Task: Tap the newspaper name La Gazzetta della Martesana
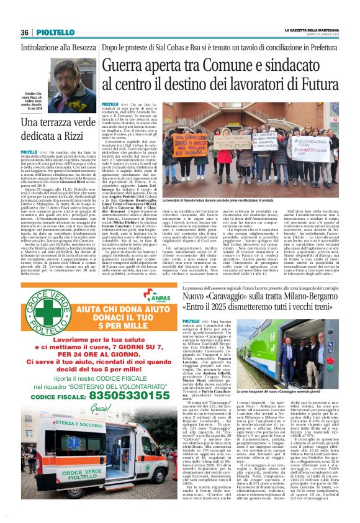[x=313, y=30]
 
